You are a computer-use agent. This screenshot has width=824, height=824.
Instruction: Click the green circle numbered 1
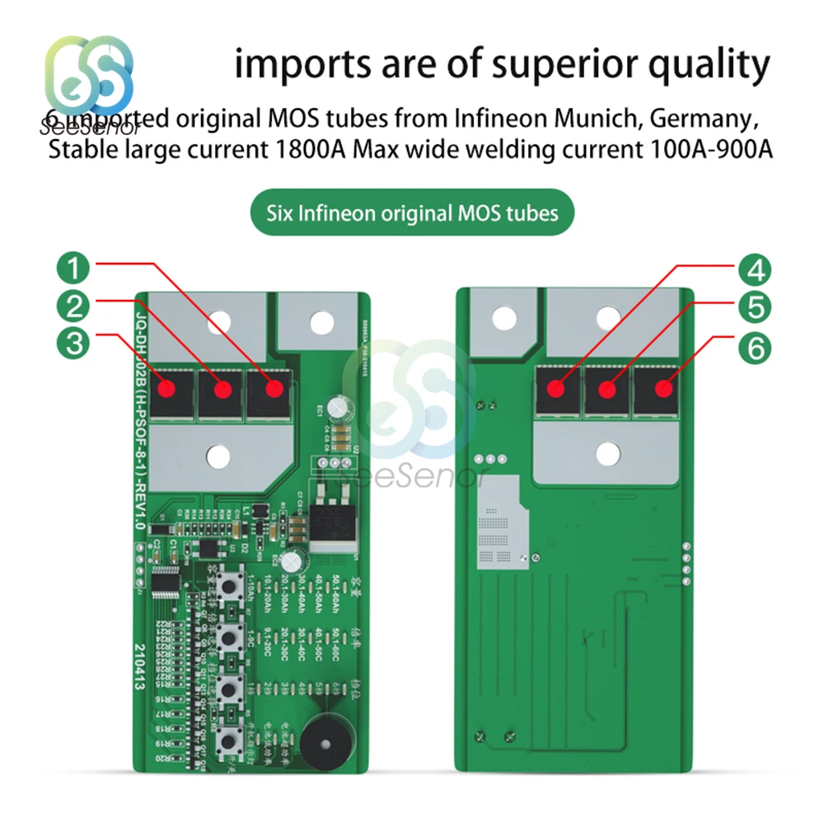pyautogui.click(x=75, y=268)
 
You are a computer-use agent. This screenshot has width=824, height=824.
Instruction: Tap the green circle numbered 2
pyautogui.click(x=75, y=307)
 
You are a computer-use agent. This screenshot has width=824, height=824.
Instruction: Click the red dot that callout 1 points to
pyautogui.click(x=269, y=388)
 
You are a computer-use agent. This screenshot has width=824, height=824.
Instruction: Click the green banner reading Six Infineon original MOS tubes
pyautogui.click(x=412, y=213)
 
